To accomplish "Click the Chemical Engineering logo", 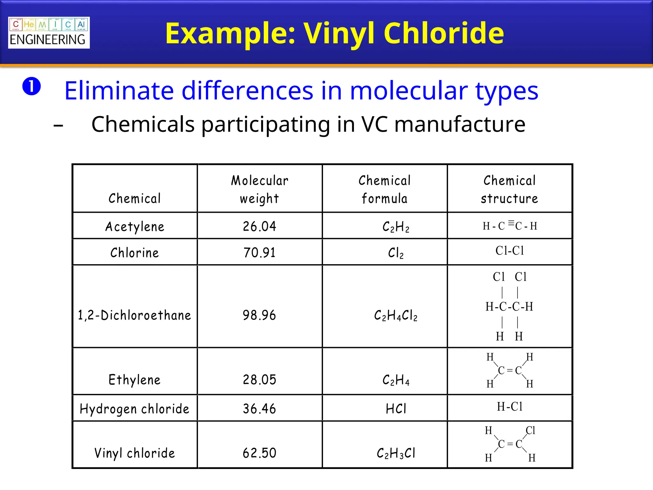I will tap(49, 33).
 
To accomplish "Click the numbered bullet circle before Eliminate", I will tap(32, 86).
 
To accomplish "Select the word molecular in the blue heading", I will tap(408, 91).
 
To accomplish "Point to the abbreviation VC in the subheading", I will tap(374, 124).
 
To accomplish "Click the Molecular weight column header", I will tap(260, 189).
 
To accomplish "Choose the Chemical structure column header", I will tap(509, 189).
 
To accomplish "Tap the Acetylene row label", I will tap(135, 226).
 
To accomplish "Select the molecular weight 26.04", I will tap(260, 226).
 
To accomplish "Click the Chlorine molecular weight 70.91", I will tap(260, 253).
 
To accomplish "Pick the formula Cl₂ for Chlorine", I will tap(396, 253).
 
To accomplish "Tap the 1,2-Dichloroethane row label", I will tap(135, 315).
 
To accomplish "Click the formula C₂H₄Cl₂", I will tap(396, 316).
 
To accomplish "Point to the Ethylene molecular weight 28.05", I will tap(260, 380).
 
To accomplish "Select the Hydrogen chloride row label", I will tap(135, 409).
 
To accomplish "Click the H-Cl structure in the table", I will tap(510, 407).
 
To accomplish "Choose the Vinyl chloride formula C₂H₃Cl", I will tap(396, 453).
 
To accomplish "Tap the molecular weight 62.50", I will tap(260, 453).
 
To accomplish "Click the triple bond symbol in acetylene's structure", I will tap(511, 223).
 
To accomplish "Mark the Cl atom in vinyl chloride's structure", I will tap(530, 430).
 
